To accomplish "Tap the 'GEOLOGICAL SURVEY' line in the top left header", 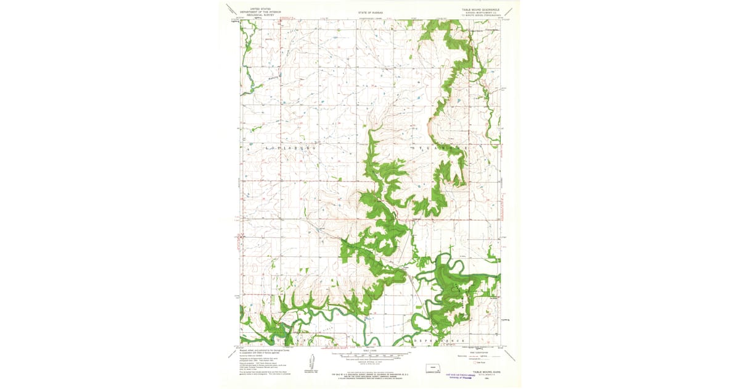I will (x=255, y=15).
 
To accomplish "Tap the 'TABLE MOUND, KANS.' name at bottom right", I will (x=489, y=372).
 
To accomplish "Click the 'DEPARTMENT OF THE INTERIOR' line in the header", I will (x=255, y=12).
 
